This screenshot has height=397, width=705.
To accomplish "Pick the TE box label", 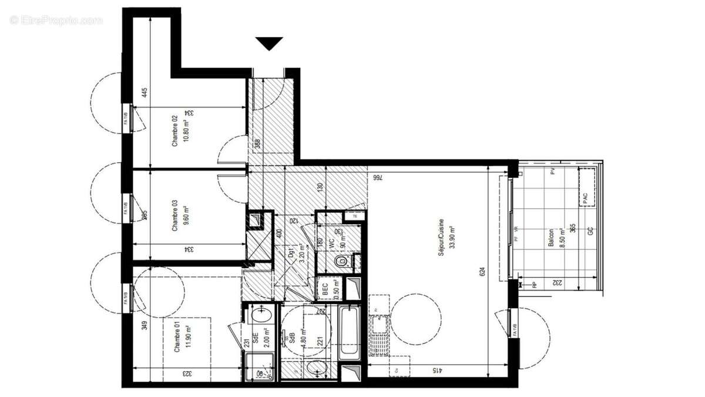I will [x=354, y=216].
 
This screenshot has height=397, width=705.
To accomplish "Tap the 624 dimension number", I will [x=482, y=273].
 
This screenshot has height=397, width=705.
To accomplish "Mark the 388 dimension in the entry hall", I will [x=257, y=144].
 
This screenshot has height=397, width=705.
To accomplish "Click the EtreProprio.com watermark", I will [x=56, y=20].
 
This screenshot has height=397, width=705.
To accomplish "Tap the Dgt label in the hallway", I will [x=290, y=254].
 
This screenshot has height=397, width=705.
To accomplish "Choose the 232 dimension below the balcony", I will [x=555, y=283].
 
